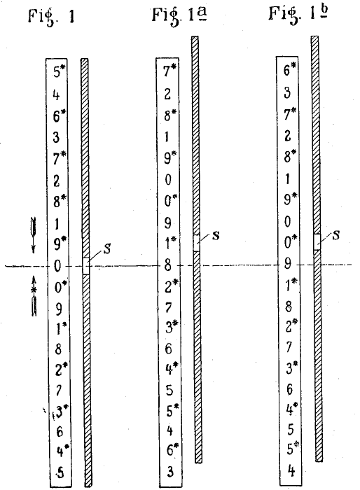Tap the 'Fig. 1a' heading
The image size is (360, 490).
(x=180, y=15)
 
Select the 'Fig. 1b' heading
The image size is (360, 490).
(x=298, y=14)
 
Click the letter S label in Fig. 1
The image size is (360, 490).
(x=107, y=248)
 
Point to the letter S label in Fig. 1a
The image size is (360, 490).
(x=216, y=235)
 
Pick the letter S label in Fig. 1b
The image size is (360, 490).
(x=336, y=234)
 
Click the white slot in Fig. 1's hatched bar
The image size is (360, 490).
(x=86, y=266)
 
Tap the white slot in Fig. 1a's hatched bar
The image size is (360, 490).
(x=196, y=243)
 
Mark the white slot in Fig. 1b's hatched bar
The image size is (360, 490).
(x=317, y=242)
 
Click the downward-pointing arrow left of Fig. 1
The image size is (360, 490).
(x=33, y=235)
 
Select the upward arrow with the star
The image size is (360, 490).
(x=34, y=296)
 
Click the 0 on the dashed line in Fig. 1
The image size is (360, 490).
(x=57, y=267)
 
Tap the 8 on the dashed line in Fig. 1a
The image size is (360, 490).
(x=167, y=265)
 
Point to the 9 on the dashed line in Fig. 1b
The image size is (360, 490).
(x=287, y=265)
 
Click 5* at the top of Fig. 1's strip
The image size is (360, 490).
(x=60, y=71)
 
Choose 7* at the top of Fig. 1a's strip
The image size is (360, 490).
(x=170, y=71)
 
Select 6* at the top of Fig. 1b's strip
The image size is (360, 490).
(x=290, y=69)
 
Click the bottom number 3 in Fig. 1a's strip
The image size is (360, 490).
(x=169, y=472)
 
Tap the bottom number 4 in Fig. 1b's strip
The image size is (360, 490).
(x=291, y=470)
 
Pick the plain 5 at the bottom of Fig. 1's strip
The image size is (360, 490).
(x=61, y=473)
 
